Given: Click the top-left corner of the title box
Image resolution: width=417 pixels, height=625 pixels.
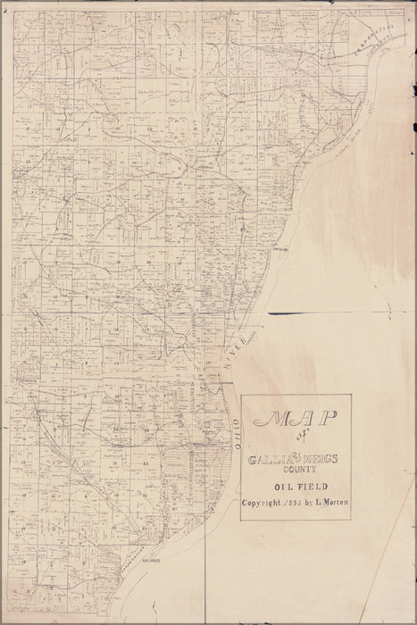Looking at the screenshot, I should tap(241, 396).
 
